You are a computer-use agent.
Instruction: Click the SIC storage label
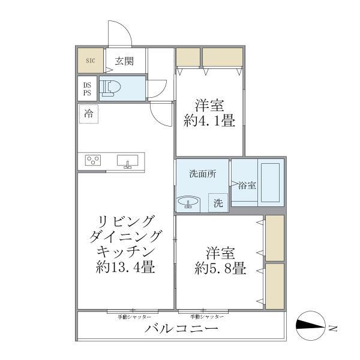click(91, 61)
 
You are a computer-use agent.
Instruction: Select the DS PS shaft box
click(88, 89)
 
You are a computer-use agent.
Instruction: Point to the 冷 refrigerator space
click(89, 113)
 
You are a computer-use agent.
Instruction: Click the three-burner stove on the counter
click(94, 161)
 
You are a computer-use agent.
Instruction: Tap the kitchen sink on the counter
click(127, 161)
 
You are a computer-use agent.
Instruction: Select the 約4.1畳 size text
click(209, 121)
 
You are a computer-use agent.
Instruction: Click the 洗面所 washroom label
click(202, 174)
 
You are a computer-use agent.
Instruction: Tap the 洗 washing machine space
click(218, 203)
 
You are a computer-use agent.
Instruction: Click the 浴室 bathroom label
click(247, 185)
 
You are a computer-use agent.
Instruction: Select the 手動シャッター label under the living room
click(134, 316)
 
